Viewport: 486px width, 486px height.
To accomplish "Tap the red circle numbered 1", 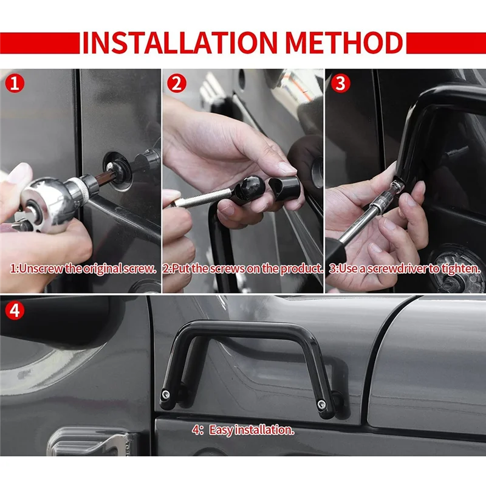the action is click(x=15, y=83).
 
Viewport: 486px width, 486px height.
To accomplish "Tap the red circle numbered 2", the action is click(x=177, y=83).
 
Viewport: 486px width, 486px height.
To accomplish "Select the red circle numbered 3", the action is click(x=340, y=83).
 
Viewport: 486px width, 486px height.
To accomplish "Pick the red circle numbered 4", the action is click(x=15, y=310).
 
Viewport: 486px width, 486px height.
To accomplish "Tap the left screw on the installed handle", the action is click(x=165, y=394).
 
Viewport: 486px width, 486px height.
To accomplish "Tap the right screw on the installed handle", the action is click(x=321, y=403).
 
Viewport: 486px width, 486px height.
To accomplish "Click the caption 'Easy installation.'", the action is click(x=252, y=430).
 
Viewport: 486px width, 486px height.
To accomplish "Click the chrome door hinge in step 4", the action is click(x=93, y=442).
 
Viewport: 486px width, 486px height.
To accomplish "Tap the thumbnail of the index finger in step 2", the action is click(x=287, y=168).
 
